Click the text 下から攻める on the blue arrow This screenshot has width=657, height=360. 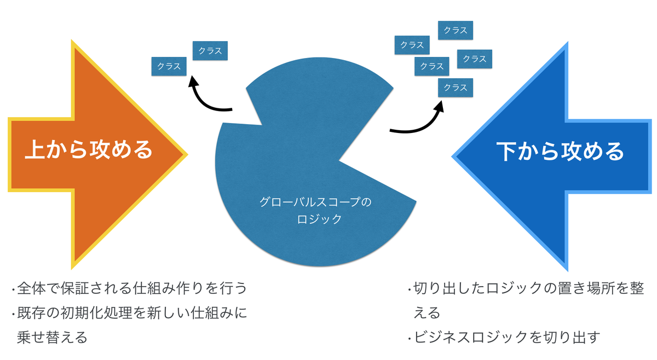(560, 151)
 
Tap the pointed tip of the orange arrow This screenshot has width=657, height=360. (186, 154)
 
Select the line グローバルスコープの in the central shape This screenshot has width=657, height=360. (315, 202)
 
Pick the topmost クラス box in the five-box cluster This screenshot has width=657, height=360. (456, 31)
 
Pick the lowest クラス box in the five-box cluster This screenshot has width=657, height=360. (456, 88)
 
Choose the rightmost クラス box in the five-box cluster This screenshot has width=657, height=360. (474, 59)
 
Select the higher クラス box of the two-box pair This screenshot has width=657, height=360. (210, 51)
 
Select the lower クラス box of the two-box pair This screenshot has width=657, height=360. (169, 66)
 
